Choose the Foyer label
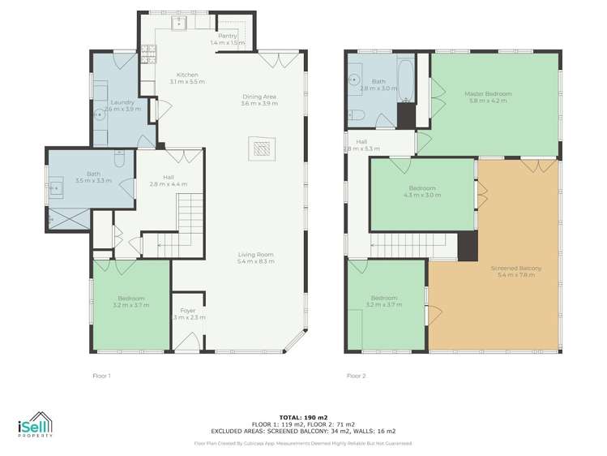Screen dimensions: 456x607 pos(188,310)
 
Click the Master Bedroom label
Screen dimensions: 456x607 pos(485,94)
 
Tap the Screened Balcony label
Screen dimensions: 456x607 pos(515,269)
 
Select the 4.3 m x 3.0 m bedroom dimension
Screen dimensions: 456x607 pos(421,196)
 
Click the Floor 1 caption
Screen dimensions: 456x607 pos(101,376)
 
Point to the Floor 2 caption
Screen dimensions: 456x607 pos(356,376)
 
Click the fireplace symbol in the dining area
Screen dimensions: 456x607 pos(262,148)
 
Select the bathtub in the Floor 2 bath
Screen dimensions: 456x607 pos(404,81)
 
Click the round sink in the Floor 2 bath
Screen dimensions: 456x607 pos(354,80)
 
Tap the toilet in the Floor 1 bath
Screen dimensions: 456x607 pos(119,161)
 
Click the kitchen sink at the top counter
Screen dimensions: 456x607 pos(181,22)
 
